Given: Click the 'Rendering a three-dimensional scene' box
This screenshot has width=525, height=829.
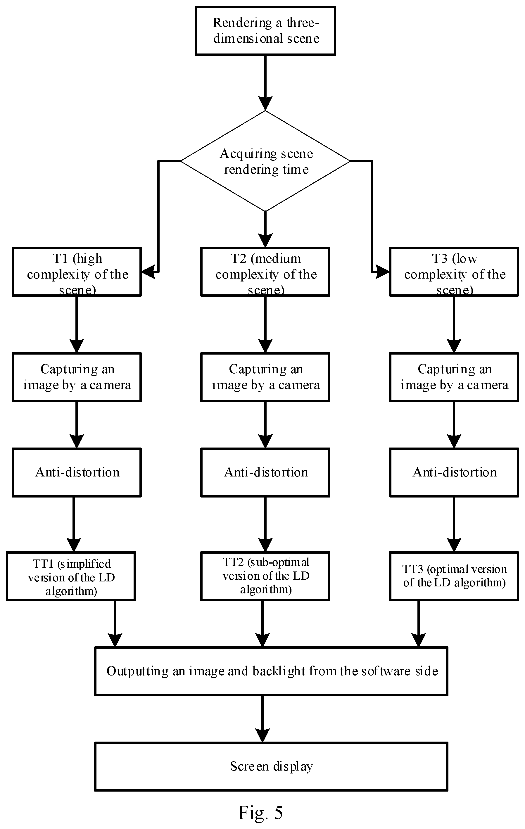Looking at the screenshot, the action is point(265,31).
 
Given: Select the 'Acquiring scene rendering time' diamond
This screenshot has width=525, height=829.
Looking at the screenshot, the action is point(265,161).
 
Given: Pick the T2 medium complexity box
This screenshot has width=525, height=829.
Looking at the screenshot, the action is point(265,272).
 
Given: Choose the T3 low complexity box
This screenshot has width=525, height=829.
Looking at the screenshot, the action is point(454,272).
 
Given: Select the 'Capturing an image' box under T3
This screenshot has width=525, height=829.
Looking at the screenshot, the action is point(454,377).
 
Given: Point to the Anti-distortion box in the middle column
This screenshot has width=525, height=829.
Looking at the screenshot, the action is point(265,472).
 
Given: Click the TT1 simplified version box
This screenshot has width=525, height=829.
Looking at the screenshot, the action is point(71,576).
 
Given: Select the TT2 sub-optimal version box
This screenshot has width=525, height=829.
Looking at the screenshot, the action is point(265,576).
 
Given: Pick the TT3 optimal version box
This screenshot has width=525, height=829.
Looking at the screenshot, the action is point(454,576).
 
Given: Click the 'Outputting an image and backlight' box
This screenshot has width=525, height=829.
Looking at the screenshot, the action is point(271,671).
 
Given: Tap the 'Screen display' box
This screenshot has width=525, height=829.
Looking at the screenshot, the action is point(271,766).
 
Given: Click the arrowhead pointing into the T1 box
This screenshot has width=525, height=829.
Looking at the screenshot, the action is point(148,272).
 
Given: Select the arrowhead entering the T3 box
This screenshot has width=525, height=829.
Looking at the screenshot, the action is point(382,272).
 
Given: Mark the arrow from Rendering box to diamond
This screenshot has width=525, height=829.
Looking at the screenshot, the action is point(265,83).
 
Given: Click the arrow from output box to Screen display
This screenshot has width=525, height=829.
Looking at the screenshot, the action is point(263,719).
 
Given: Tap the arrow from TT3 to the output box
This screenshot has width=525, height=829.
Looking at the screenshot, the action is point(419,624).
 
